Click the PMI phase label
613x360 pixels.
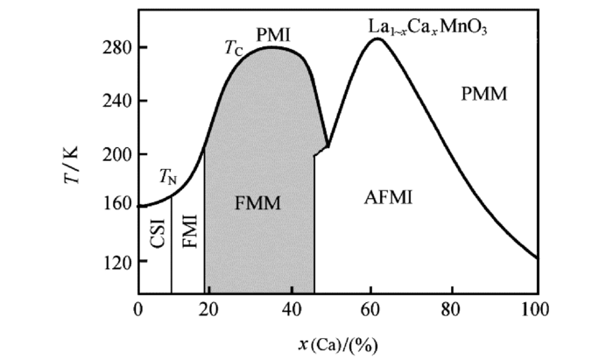tap(273, 35)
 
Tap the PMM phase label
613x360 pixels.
tap(483, 93)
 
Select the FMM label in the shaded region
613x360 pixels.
tap(258, 204)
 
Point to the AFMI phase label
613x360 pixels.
tap(388, 198)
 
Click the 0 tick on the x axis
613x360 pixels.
tap(138, 308)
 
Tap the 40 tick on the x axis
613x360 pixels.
tap(297, 308)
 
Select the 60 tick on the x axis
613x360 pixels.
tap(377, 308)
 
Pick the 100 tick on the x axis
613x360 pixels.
tap(535, 308)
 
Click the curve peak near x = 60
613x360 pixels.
tap(377, 39)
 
